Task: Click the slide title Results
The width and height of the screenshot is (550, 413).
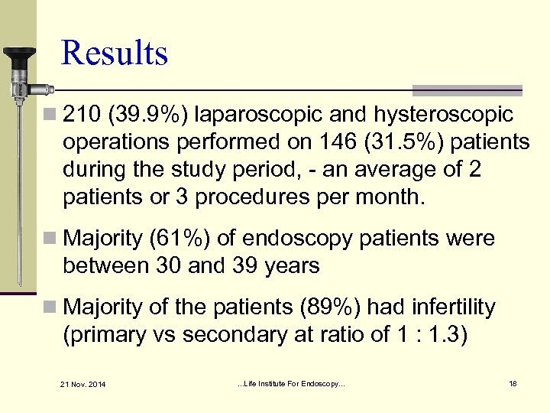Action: (x=115, y=54)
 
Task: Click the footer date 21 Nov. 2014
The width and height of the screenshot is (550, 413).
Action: (x=85, y=383)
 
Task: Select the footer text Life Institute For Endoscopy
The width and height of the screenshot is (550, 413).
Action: (x=292, y=382)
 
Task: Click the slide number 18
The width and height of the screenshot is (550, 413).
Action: (x=513, y=382)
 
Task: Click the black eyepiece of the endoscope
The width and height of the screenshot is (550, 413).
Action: (x=18, y=56)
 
